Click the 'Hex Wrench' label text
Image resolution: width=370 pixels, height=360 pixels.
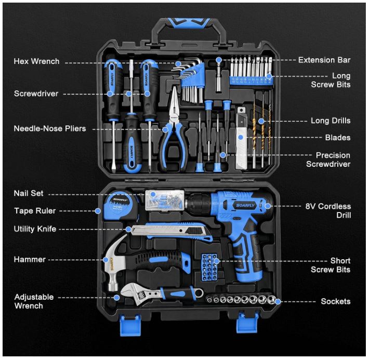[x=36, y=61]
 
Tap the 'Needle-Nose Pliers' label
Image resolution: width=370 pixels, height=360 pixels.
[x=50, y=129]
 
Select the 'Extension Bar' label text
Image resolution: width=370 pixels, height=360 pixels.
[x=324, y=60]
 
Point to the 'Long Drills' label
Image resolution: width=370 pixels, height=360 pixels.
[x=331, y=121]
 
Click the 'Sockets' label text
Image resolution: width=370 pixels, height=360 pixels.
[x=336, y=301]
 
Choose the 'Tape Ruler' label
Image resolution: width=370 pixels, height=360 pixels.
[x=35, y=211]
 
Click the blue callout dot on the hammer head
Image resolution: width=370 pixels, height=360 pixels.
[x=105, y=260]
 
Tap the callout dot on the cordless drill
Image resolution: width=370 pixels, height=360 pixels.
[x=268, y=206]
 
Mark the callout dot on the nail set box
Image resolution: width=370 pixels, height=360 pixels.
[x=153, y=194]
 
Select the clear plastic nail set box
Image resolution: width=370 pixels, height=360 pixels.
[x=165, y=200]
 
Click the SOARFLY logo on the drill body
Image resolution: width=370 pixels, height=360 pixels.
[x=245, y=205]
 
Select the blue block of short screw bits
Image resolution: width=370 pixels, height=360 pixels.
[x=209, y=268]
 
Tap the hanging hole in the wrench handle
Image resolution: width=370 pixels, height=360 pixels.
[x=199, y=293]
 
